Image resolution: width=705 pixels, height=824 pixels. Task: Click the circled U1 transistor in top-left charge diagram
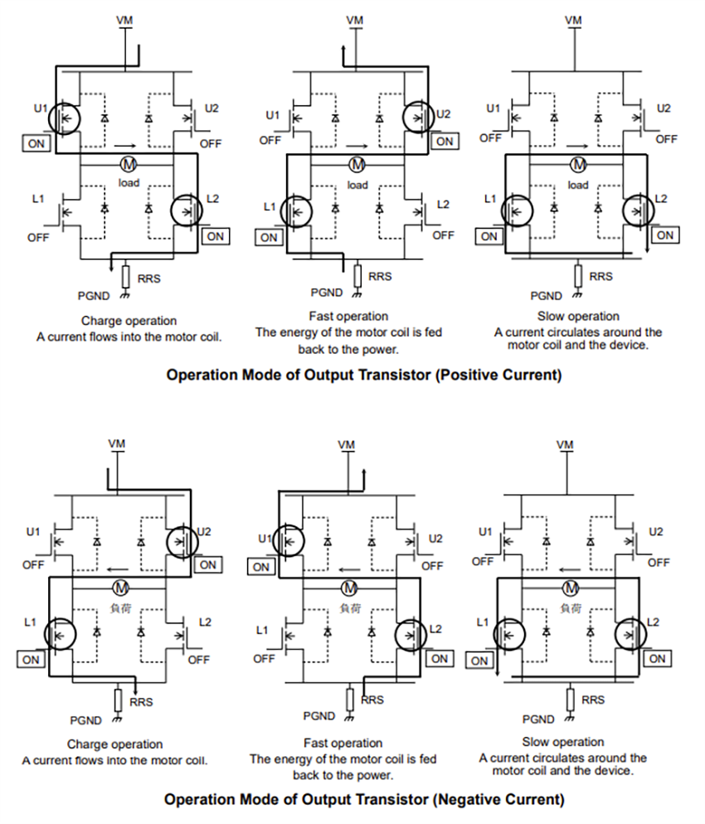click(64, 118)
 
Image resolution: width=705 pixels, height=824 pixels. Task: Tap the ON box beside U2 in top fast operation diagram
click(445, 141)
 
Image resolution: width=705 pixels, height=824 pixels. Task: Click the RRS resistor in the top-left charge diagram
click(125, 276)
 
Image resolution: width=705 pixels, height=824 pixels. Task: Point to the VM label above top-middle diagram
click(355, 20)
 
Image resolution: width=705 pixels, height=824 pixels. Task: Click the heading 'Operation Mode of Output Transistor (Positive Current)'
click(363, 375)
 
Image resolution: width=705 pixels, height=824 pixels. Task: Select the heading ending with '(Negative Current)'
click(363, 800)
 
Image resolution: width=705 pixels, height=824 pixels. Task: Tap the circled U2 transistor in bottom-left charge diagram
click(182, 542)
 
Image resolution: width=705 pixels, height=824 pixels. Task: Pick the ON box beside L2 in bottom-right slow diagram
click(657, 659)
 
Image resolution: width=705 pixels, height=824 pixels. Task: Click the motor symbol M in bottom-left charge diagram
click(121, 588)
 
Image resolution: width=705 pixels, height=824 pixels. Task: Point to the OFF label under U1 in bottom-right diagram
click(483, 561)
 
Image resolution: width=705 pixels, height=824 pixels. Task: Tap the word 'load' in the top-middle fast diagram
click(357, 184)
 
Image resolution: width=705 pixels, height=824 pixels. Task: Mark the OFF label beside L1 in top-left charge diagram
click(38, 237)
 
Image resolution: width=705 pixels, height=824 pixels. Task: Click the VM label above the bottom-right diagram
click(565, 445)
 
